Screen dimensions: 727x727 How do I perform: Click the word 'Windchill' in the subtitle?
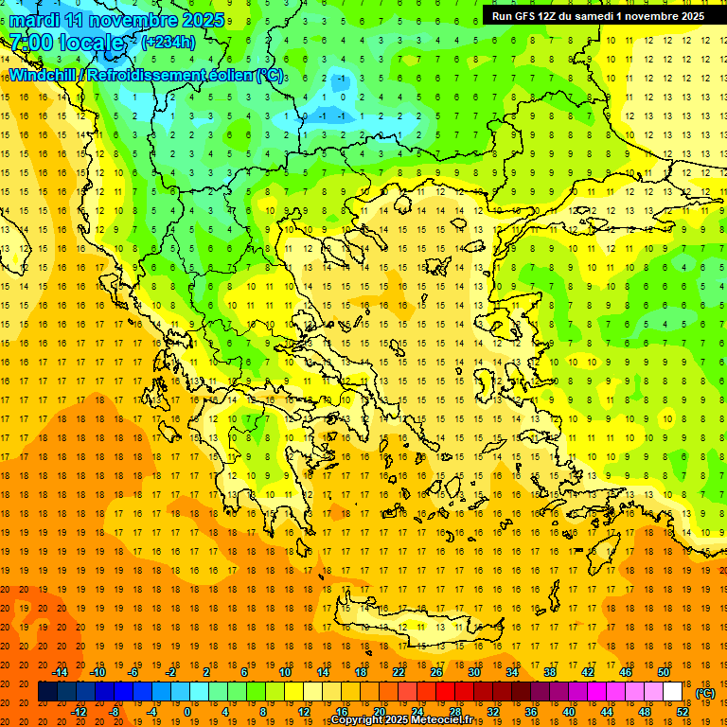(x=44, y=74)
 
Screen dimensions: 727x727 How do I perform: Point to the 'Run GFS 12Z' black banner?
(x=597, y=16)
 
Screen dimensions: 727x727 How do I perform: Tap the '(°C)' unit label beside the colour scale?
(x=704, y=693)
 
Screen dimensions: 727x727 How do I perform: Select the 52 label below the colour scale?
(x=683, y=712)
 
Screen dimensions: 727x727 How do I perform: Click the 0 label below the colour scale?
(x=186, y=712)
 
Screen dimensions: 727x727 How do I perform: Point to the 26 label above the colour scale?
(x=436, y=672)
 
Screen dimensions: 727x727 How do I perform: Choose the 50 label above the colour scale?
(x=663, y=672)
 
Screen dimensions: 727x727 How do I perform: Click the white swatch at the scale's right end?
(x=672, y=692)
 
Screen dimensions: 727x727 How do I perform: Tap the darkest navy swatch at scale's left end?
(x=48, y=692)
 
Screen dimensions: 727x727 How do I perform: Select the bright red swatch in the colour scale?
(x=446, y=692)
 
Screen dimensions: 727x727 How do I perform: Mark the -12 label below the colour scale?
(x=79, y=712)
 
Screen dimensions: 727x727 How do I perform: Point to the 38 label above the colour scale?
(x=549, y=672)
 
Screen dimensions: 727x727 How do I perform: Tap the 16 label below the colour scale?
(x=341, y=712)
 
